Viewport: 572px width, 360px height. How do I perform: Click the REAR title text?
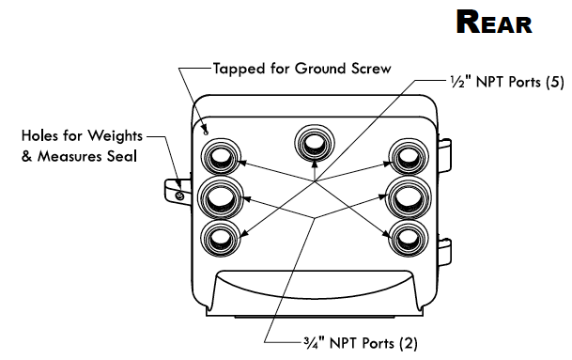[x=494, y=23]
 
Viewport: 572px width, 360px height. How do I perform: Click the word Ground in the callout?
[x=320, y=69]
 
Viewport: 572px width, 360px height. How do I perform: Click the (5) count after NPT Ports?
[x=555, y=82]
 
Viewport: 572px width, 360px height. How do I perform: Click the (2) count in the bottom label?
[x=409, y=344]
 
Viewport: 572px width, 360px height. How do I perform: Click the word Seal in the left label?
[x=122, y=156]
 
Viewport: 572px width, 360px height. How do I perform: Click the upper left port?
[x=220, y=157]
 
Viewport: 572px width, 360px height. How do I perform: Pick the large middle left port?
[x=221, y=197]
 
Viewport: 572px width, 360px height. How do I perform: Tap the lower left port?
[x=220, y=237]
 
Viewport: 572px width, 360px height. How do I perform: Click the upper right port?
[x=408, y=157]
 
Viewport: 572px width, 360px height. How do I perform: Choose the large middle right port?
[x=409, y=198]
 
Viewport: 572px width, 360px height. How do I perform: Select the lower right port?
[x=408, y=238]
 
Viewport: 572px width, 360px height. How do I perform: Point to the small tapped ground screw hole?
[x=206, y=133]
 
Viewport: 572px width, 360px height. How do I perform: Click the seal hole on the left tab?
[x=178, y=196]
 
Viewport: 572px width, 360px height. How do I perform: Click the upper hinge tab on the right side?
[x=444, y=155]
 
